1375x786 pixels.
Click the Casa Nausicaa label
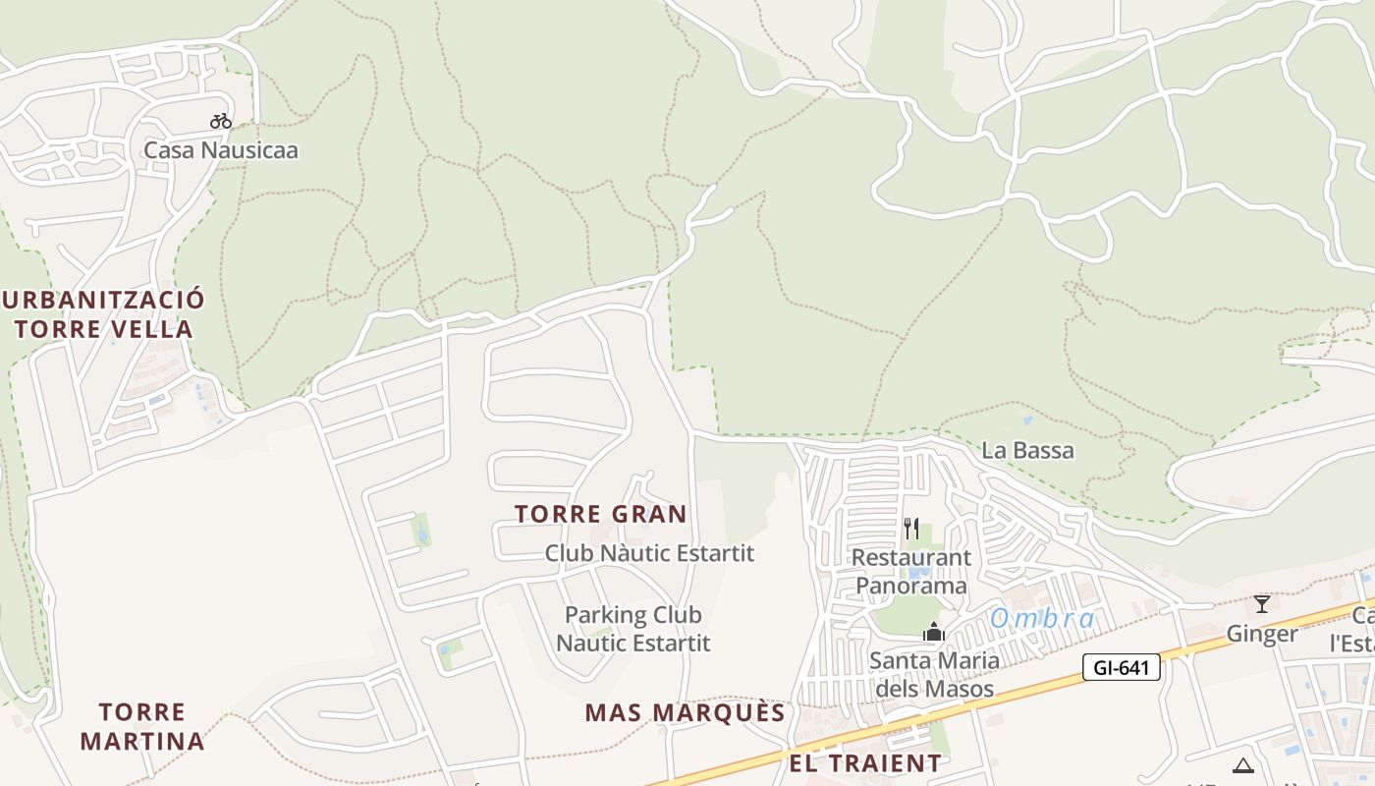pyautogui.click(x=220, y=150)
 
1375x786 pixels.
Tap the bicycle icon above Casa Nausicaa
pyautogui.click(x=221, y=121)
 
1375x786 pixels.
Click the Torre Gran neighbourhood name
pyautogui.click(x=600, y=514)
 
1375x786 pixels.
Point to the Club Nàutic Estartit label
pyautogui.click(x=649, y=553)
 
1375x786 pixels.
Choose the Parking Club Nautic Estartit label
pyautogui.click(x=632, y=629)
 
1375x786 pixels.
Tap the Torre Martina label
pyautogui.click(x=142, y=726)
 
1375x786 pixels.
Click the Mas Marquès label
pyautogui.click(x=685, y=712)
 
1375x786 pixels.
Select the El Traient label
pyautogui.click(x=864, y=762)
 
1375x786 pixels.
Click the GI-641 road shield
pyautogui.click(x=1122, y=668)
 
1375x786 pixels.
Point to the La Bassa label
pyautogui.click(x=1027, y=451)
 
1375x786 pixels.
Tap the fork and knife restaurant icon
pyautogui.click(x=911, y=529)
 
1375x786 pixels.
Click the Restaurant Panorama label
pyautogui.click(x=910, y=572)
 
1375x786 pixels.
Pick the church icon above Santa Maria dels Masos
pyautogui.click(x=933, y=631)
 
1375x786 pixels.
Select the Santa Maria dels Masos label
pyautogui.click(x=933, y=674)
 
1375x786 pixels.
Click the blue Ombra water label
pyautogui.click(x=1041, y=619)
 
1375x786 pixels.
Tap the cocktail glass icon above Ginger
pyautogui.click(x=1262, y=603)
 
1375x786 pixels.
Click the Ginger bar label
pyautogui.click(x=1262, y=634)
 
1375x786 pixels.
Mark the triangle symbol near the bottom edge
pyautogui.click(x=1243, y=765)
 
